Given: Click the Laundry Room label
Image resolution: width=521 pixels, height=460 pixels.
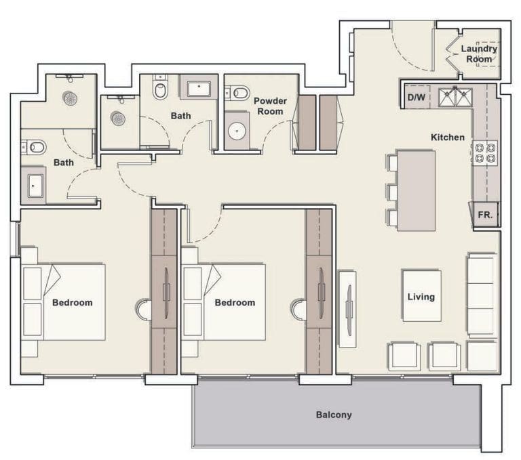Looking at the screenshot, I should [x=479, y=54].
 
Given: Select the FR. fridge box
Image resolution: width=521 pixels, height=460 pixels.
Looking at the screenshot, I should [x=485, y=215].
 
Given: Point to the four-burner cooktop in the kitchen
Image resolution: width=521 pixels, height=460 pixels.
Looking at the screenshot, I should [x=484, y=153].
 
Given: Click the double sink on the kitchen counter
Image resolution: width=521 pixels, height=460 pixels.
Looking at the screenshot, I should [x=455, y=97].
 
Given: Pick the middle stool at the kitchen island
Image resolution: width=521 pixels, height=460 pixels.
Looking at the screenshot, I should [x=391, y=192].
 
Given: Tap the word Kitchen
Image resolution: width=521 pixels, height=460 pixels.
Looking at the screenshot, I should [x=448, y=138].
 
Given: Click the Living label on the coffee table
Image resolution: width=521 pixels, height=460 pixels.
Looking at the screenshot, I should [x=421, y=296].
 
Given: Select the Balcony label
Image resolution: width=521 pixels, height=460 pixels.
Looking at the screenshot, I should [x=334, y=415].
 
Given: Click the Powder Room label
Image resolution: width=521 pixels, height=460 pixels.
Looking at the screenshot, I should [x=270, y=106].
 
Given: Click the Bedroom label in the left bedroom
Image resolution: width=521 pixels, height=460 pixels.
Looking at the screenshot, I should [x=73, y=302].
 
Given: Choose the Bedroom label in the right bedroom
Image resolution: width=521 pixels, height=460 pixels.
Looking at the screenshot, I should [x=235, y=302].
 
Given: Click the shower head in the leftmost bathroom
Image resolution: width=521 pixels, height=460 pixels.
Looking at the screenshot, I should [x=70, y=98].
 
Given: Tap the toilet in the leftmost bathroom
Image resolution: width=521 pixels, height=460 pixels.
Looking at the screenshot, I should [x=35, y=146].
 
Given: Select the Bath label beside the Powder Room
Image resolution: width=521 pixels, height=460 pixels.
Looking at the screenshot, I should [x=180, y=116].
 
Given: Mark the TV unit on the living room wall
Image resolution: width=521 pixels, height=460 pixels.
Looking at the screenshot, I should [x=347, y=304].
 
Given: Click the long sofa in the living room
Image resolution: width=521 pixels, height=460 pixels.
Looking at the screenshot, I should [x=482, y=295].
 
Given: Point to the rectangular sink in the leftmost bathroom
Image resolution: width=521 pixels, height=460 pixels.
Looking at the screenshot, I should [x=35, y=185].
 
